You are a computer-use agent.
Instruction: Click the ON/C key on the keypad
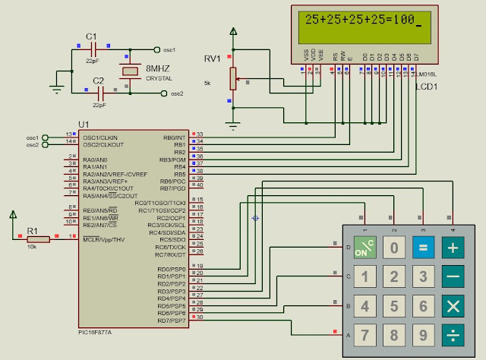364,248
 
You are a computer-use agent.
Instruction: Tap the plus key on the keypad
453,248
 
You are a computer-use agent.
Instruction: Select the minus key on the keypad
453,277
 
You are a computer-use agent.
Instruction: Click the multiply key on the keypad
453,306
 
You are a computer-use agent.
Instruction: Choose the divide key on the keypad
453,335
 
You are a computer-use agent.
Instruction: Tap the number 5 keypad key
394,306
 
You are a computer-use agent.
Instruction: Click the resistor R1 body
38,238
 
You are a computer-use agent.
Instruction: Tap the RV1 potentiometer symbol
234,77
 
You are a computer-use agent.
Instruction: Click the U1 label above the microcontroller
84,124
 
